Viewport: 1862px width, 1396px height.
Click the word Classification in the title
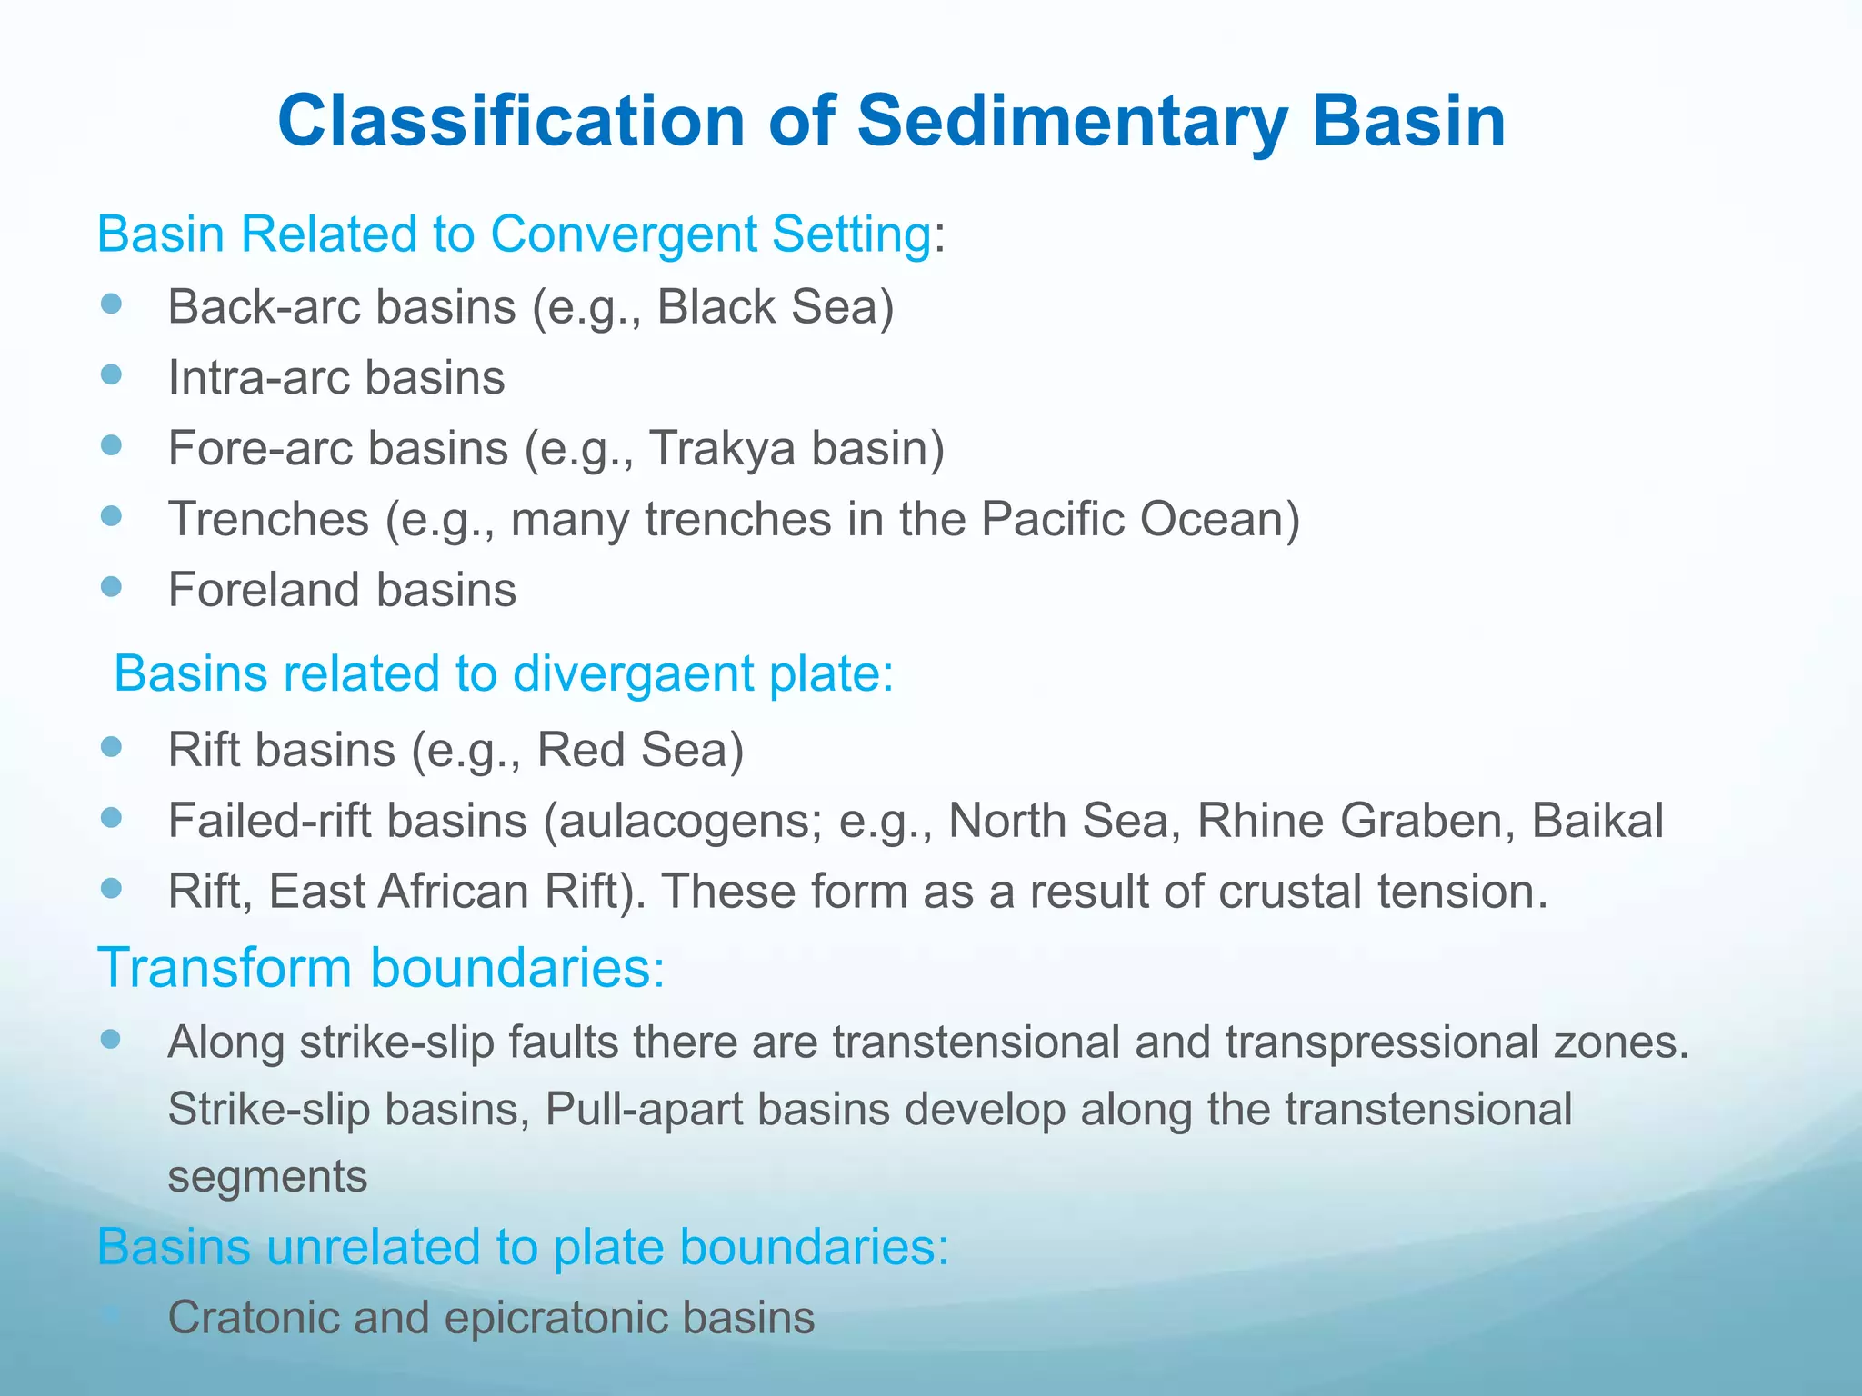pyautogui.click(x=510, y=121)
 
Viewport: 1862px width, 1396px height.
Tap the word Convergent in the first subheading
pyautogui.click(x=622, y=234)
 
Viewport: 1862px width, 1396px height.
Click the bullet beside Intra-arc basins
pyautogui.click(x=111, y=374)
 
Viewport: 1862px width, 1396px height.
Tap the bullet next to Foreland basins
pyautogui.click(x=111, y=587)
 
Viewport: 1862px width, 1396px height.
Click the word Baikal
pyautogui.click(x=1597, y=821)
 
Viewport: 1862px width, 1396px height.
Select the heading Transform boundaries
pyautogui.click(x=381, y=967)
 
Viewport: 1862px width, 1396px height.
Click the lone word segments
pyautogui.click(x=267, y=1176)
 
